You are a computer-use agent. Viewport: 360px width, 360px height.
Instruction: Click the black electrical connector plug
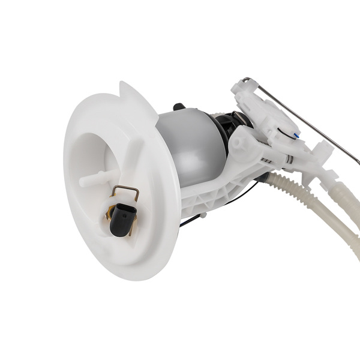tap(122, 217)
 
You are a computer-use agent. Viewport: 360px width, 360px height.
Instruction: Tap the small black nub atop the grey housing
tap(178, 107)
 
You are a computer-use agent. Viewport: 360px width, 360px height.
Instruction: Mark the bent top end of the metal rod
tap(247, 80)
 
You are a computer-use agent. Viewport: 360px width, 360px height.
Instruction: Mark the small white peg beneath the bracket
tap(204, 214)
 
